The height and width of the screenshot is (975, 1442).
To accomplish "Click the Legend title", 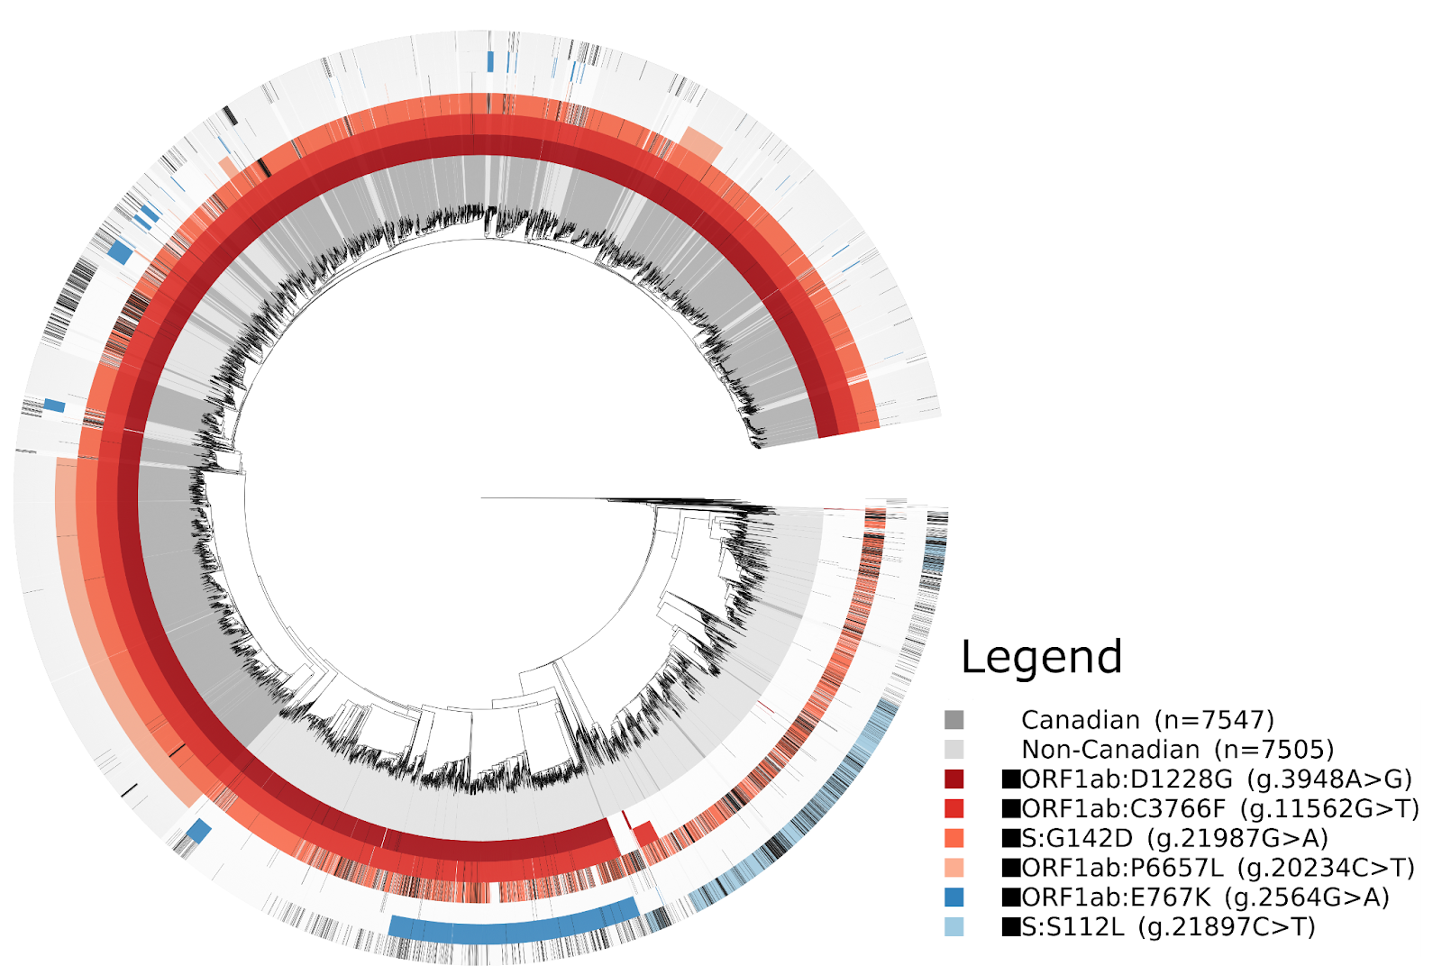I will point(1041,657).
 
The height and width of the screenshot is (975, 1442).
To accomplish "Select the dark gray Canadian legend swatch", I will point(954,720).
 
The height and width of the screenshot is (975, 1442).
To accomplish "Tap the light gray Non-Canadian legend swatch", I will point(954,750).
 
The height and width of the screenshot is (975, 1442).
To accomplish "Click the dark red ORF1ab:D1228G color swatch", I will point(954,779).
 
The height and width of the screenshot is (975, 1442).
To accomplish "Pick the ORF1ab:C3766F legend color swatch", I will point(954,808).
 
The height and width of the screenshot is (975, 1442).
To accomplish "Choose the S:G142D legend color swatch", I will point(954,838).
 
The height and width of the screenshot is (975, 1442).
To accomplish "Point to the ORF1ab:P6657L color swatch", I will point(954,868).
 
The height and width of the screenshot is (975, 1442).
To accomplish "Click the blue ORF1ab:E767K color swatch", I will point(954,898).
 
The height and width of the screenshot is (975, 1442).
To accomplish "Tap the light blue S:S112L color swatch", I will point(954,926).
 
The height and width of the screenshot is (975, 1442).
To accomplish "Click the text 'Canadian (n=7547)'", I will point(1147,720).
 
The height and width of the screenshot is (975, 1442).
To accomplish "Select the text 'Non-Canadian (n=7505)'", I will point(1177,750).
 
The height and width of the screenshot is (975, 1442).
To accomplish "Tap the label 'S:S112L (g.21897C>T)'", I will point(1168,926).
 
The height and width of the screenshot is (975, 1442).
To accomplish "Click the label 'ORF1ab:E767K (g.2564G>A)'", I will point(1205,898).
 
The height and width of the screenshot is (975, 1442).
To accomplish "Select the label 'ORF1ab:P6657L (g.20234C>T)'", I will point(1218,868).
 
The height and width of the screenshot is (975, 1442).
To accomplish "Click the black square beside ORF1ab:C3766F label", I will point(1011,808).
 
